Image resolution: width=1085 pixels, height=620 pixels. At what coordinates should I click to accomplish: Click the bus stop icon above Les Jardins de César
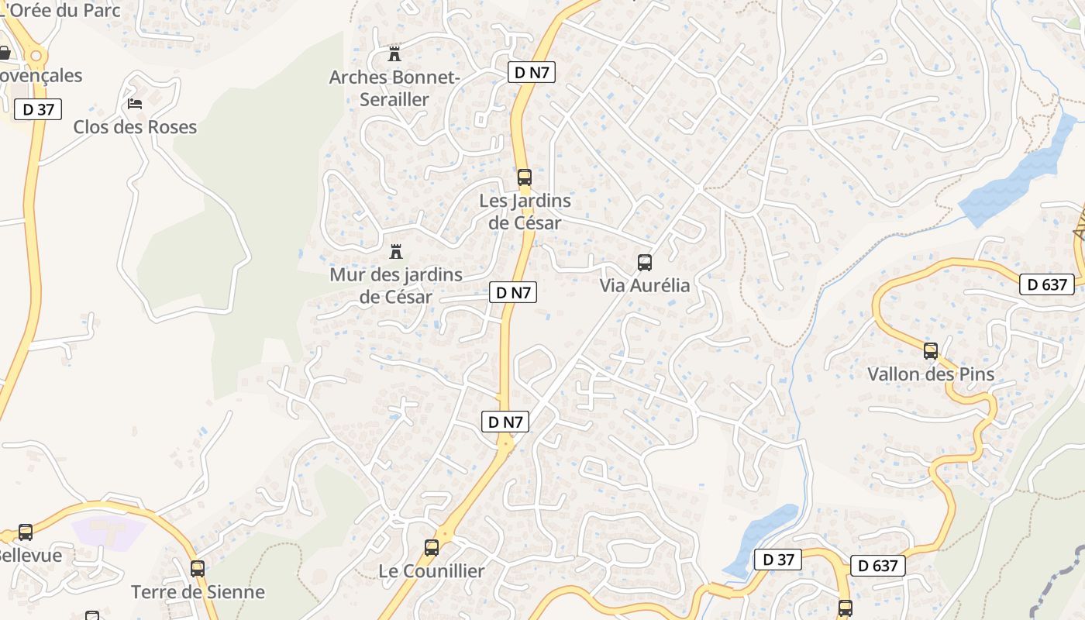point(525,177)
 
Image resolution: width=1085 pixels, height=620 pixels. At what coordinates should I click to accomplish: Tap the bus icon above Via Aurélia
point(644,263)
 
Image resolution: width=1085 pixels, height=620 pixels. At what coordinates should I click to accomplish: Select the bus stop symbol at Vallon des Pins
point(931,351)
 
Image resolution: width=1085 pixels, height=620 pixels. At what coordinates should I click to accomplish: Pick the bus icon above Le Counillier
point(432,548)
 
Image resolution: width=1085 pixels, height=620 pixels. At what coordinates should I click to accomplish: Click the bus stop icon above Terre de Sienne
point(198,569)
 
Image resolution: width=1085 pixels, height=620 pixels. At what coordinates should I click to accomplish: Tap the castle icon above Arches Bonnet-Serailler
point(394,54)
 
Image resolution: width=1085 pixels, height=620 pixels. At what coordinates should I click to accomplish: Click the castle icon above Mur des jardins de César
point(396,252)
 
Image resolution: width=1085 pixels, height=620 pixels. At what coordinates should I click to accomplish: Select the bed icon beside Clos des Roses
point(135,103)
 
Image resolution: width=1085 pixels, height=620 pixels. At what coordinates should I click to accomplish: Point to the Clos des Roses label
point(135,127)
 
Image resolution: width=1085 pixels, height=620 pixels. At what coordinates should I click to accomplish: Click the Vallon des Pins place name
point(930,374)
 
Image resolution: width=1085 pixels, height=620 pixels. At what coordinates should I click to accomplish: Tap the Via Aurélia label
point(644,285)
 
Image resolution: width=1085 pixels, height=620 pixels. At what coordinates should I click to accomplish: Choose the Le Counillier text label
point(431,571)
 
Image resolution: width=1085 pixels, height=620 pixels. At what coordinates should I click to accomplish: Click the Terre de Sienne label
point(198,592)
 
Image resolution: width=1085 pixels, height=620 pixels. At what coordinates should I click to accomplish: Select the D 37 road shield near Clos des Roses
point(38,109)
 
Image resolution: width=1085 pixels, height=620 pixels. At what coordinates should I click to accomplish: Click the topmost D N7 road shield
point(532,73)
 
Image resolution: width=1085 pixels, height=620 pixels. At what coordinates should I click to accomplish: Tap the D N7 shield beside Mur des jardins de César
point(513,292)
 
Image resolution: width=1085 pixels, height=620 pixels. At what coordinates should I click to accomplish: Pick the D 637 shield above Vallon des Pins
point(1048,284)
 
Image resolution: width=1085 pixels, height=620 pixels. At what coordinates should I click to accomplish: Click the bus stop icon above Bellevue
point(26,532)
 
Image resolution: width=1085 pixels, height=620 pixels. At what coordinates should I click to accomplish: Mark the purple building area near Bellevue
point(108,532)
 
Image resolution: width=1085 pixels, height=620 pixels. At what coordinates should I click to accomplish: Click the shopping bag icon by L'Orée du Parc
point(4,53)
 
